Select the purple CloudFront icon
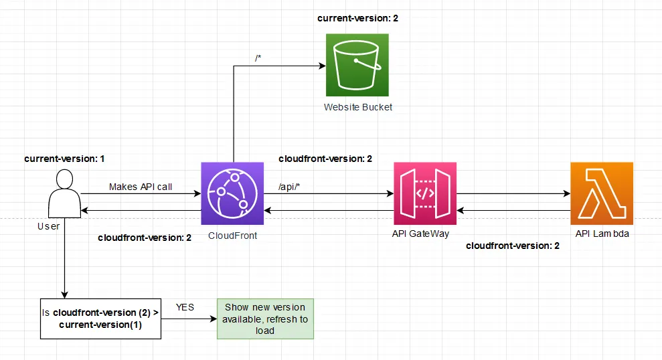tap(232, 194)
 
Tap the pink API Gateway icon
tap(425, 194)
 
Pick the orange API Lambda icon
tap(602, 194)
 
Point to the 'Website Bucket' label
tap(358, 107)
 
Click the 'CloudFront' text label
tap(232, 236)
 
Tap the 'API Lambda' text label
tap(602, 234)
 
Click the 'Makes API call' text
tap(141, 187)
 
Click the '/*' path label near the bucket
tap(258, 58)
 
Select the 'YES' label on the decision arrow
tap(185, 307)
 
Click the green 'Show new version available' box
tap(265, 319)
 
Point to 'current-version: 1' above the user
tap(65, 159)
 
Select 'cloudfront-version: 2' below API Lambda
tap(512, 246)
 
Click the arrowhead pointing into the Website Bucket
tap(322, 66)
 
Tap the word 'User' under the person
tap(48, 226)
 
